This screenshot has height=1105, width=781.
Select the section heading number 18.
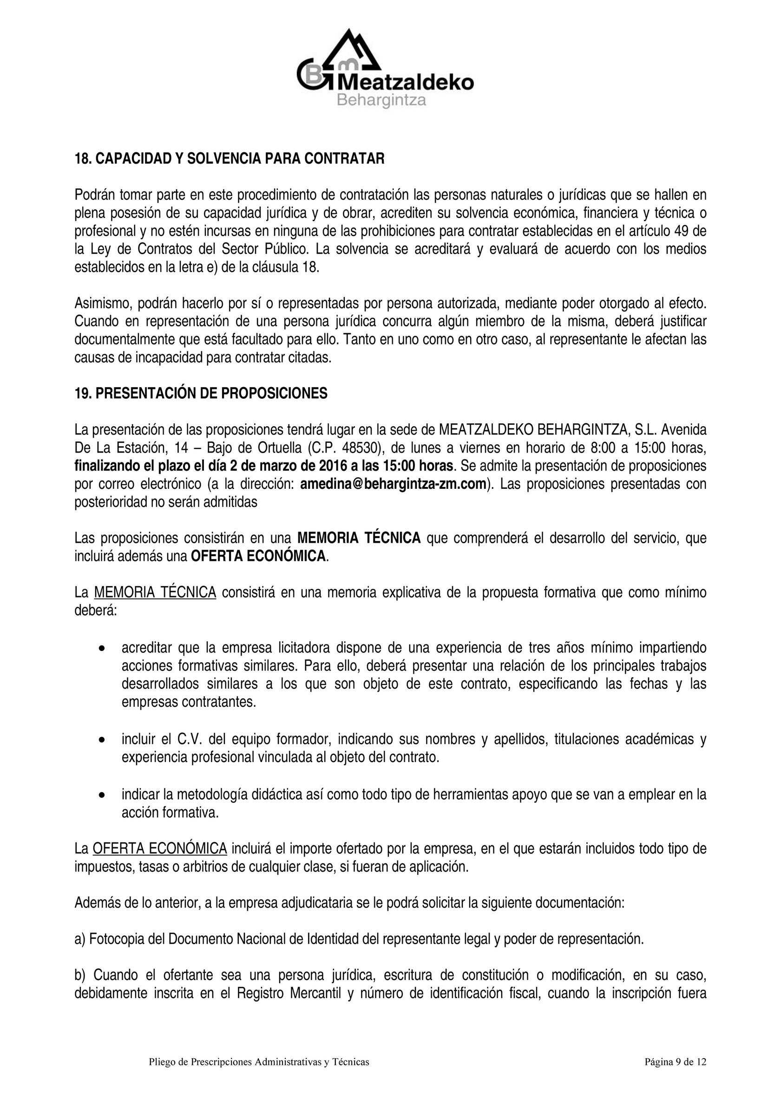pos(82,159)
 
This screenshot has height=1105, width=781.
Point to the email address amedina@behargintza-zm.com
pos(392,484)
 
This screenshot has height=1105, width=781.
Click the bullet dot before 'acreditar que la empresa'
pos(101,649)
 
